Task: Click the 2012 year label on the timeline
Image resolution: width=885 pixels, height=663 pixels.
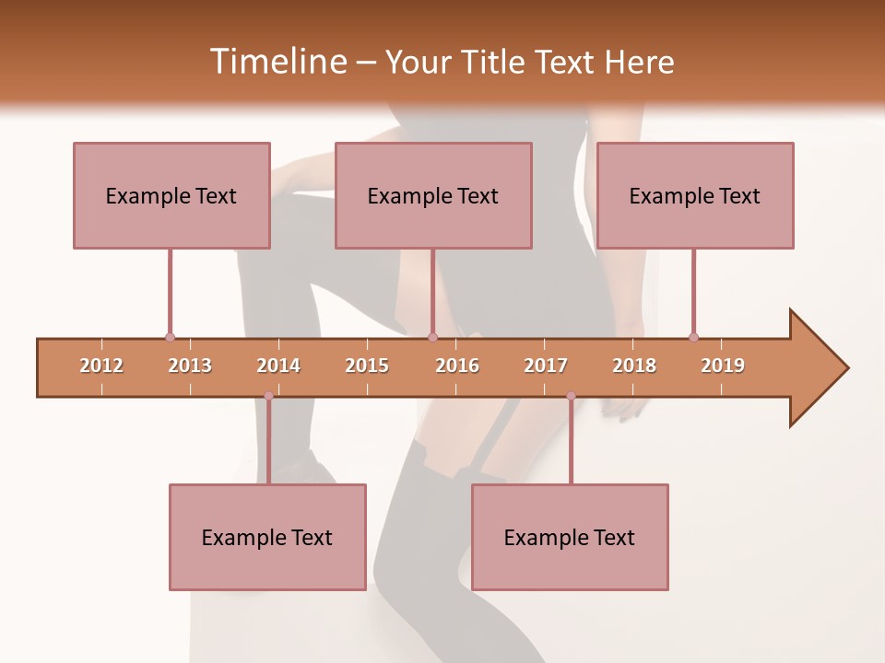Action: coord(101,366)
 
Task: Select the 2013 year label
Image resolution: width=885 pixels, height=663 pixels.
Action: coord(190,366)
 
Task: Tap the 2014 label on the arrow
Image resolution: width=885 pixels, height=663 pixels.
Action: coord(278,366)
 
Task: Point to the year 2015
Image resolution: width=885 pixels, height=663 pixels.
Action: coord(367,366)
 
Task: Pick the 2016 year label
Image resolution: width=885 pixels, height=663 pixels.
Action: coord(457,366)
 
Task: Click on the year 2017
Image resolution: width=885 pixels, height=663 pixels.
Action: coord(546,366)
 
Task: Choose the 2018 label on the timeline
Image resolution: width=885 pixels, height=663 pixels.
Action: coord(634,366)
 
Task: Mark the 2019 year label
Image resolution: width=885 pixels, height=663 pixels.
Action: coord(723,366)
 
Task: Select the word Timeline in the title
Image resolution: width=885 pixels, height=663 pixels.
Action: coord(277,62)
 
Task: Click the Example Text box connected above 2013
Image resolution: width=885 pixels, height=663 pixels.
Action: coord(171,195)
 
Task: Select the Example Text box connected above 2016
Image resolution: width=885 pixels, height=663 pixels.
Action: coord(433,195)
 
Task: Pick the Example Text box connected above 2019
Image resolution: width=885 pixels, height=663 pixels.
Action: coord(695,195)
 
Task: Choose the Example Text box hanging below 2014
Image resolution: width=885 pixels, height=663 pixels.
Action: coord(267,537)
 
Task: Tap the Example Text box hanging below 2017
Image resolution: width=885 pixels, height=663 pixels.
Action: coord(570,537)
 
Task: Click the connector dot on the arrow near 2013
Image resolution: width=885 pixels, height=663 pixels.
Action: coord(170,337)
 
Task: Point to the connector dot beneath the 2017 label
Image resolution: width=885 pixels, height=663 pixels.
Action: coord(571,396)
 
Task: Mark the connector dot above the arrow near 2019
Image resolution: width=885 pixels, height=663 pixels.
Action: coord(693,337)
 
